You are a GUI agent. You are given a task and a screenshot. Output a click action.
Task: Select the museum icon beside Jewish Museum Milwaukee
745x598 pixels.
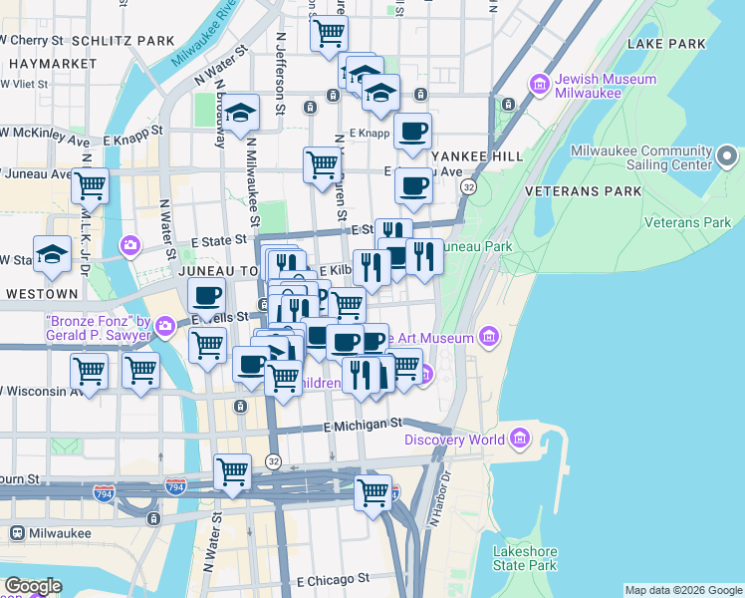pyautogui.click(x=541, y=82)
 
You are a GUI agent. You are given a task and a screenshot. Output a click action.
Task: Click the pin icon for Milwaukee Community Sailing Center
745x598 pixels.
pyautogui.click(x=726, y=156)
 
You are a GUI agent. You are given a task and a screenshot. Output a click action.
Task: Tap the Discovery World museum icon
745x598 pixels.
pyautogui.click(x=520, y=439)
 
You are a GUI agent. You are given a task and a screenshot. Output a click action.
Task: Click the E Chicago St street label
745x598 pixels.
pyautogui.click(x=333, y=578)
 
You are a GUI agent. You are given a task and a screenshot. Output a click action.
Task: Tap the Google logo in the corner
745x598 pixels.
pyautogui.click(x=33, y=586)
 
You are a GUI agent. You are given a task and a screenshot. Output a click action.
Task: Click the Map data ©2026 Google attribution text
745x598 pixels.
pyautogui.click(x=683, y=590)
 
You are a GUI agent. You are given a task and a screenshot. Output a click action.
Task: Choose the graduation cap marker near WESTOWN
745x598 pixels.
pyautogui.click(x=52, y=255)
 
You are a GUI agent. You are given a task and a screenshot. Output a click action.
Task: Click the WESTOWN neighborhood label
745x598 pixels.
pyautogui.click(x=42, y=294)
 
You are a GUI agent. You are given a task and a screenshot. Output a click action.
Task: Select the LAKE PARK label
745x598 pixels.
pyautogui.click(x=667, y=44)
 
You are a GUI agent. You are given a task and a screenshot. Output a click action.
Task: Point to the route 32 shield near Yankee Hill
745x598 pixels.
pyautogui.click(x=468, y=186)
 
